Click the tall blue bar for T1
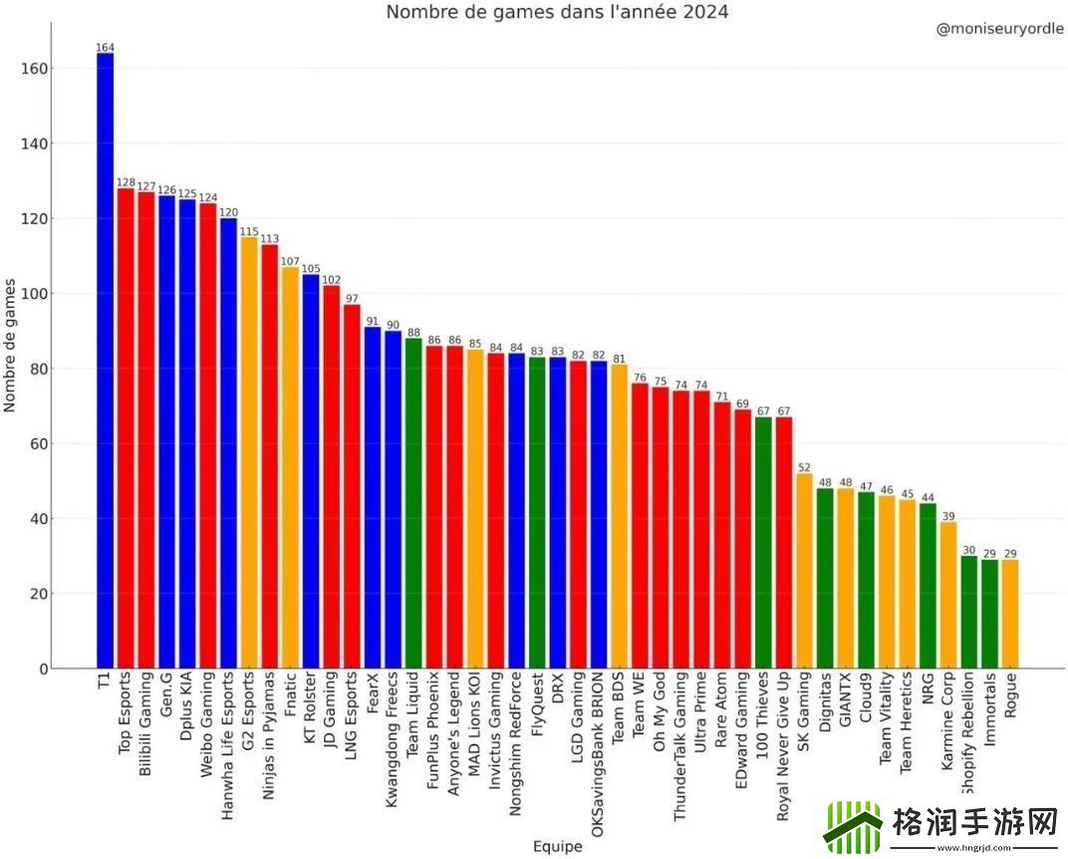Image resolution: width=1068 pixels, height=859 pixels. point(105,359)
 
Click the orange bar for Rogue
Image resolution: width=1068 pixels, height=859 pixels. point(1010,613)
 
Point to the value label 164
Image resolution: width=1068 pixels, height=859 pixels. point(105,47)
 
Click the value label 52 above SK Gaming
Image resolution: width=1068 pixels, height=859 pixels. point(804,467)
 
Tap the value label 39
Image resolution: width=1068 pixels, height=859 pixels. point(947,516)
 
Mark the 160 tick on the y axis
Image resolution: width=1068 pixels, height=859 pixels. point(36,69)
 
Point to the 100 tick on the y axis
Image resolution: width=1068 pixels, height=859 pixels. point(36,294)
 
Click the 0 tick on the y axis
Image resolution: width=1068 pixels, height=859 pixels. point(43,669)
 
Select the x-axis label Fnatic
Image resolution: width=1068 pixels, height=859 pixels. point(290,702)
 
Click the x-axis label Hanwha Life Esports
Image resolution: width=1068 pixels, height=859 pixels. point(228,741)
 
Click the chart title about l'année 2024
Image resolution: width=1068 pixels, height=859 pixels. point(557,12)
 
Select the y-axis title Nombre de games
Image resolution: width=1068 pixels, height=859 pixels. point(11,345)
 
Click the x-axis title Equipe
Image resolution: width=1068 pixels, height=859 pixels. point(557,847)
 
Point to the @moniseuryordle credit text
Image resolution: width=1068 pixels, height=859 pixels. point(999,30)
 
